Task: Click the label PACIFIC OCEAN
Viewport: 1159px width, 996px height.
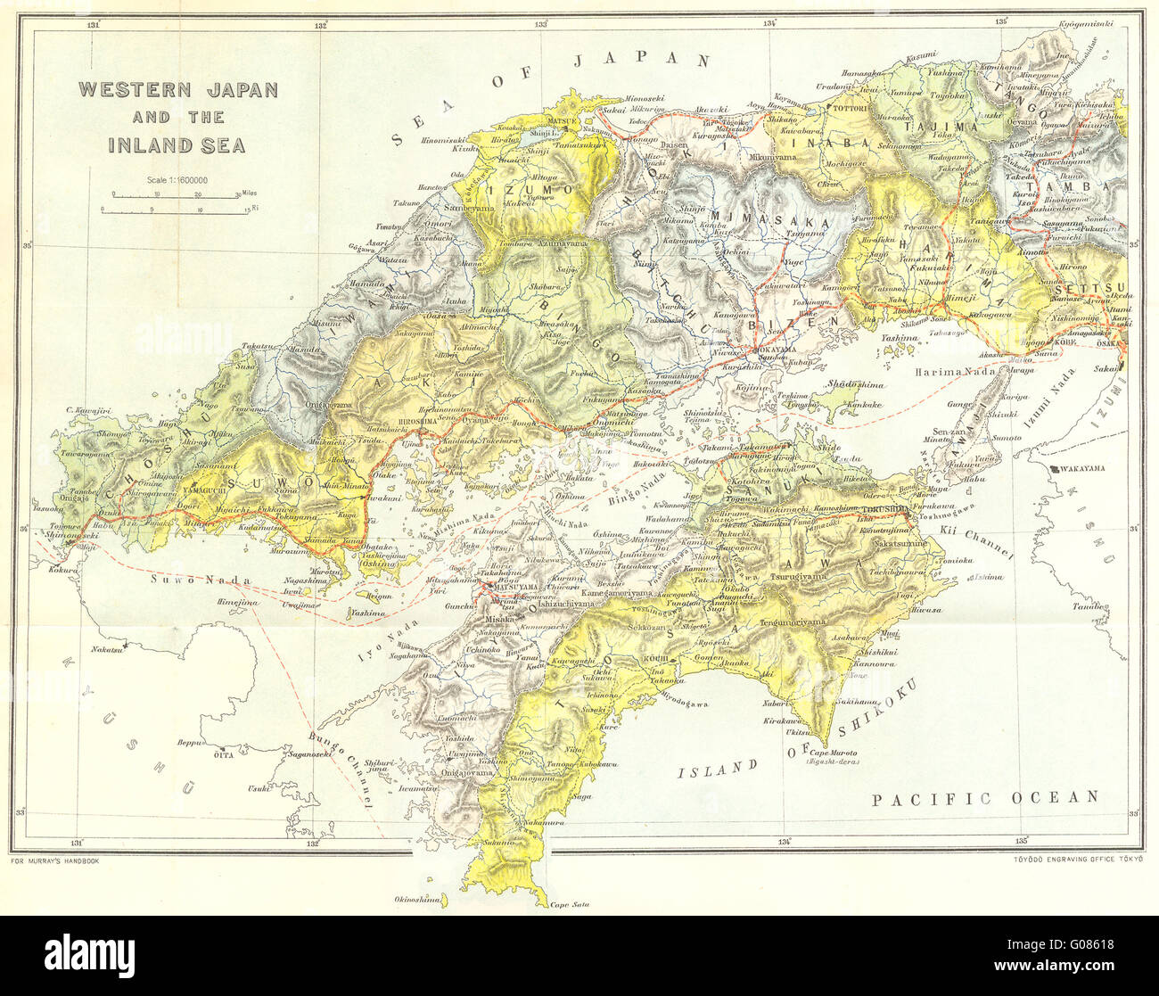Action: (985, 797)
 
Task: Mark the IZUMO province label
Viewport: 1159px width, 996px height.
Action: (529, 190)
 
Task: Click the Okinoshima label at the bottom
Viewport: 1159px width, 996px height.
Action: (418, 900)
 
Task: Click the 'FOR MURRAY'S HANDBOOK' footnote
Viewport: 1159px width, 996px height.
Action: (55, 861)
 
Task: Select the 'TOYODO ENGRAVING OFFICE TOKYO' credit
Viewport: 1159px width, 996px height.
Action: (1078, 861)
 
